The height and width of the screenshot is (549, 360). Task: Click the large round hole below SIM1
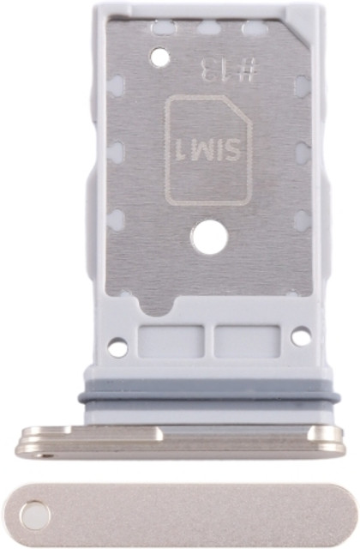click(x=210, y=239)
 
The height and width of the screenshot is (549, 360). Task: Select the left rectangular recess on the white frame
click(x=171, y=341)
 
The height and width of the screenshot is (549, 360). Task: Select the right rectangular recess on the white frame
click(x=248, y=341)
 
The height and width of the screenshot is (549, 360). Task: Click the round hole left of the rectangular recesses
click(x=118, y=347)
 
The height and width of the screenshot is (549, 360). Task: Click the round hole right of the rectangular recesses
click(x=301, y=336)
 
